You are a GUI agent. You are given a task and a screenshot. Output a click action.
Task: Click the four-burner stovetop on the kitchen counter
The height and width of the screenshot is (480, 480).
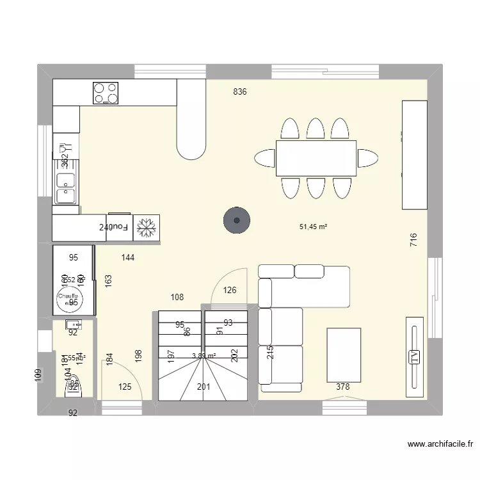(x=106, y=93)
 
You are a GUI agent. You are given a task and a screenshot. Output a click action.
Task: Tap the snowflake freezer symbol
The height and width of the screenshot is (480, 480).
(x=147, y=227)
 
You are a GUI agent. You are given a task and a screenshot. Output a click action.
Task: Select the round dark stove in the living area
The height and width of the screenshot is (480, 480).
(x=236, y=221)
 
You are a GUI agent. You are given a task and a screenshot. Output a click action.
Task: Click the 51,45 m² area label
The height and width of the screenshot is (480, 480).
(x=314, y=227)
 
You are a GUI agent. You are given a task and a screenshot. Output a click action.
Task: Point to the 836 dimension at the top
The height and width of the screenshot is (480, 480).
(x=240, y=92)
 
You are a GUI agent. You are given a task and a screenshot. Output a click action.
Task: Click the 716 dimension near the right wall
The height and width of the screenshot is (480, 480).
(x=413, y=240)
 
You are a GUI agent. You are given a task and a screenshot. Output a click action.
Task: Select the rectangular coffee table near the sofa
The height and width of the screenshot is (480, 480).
(x=344, y=355)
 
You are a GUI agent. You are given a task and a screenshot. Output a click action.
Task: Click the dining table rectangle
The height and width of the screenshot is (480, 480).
(x=316, y=158)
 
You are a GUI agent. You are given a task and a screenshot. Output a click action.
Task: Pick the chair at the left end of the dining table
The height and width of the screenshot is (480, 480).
(x=265, y=158)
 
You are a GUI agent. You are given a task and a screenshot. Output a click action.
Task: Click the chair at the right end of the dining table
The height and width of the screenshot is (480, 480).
(x=368, y=158)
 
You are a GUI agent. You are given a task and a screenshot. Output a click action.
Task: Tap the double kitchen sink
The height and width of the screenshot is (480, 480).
(x=65, y=188)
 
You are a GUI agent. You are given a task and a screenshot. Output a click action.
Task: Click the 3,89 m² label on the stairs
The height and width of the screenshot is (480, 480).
(x=204, y=356)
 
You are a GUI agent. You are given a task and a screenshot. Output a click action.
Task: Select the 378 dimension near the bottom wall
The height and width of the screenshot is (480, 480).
(x=343, y=387)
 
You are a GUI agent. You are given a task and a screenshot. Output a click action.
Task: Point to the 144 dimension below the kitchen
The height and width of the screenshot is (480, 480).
(x=128, y=258)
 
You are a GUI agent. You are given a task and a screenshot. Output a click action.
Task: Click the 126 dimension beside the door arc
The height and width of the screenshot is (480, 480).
(x=230, y=291)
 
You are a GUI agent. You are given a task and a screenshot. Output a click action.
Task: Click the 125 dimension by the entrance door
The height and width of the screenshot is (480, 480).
(x=125, y=387)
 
